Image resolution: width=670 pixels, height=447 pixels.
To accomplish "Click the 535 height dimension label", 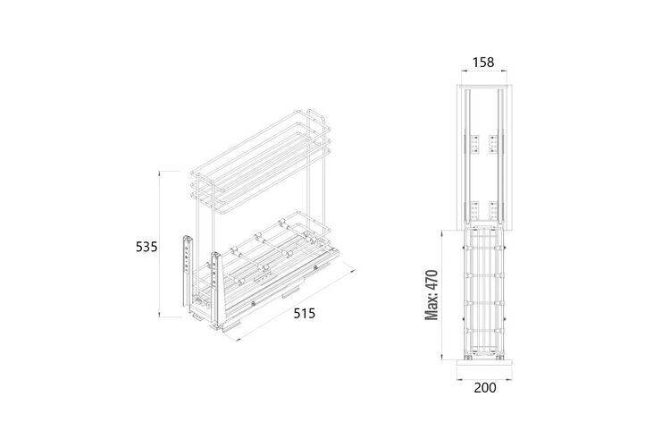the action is pyautogui.click(x=147, y=247).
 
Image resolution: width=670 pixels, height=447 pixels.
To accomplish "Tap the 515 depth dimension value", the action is pyautogui.click(x=305, y=314).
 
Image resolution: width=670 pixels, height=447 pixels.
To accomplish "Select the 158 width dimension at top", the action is pyautogui.click(x=482, y=63).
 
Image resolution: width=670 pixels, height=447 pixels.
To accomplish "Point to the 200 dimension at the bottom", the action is pyautogui.click(x=485, y=387).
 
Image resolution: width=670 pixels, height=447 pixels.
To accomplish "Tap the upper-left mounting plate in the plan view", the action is pyautogui.click(x=474, y=144).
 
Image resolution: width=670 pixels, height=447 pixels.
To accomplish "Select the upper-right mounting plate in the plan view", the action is pyautogui.click(x=494, y=144).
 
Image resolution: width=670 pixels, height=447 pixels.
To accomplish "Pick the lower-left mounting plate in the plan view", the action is pyautogui.click(x=474, y=209).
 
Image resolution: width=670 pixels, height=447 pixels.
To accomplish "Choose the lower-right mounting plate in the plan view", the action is pyautogui.click(x=494, y=209).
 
